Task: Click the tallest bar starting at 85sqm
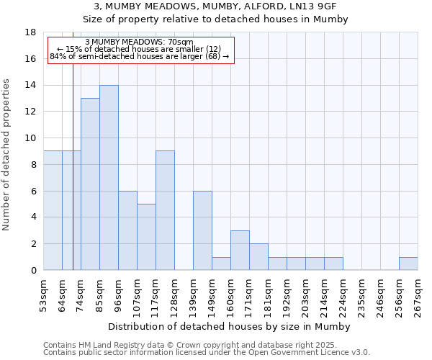click(x=109, y=178)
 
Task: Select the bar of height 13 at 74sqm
click(x=90, y=184)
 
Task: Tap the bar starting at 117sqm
click(x=165, y=210)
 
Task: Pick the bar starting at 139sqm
click(x=202, y=230)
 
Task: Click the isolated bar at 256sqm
click(x=408, y=264)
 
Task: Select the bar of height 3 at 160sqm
click(x=240, y=251)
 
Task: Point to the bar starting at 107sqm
click(x=146, y=237)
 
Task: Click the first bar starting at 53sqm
click(x=53, y=210)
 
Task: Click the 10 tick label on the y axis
click(x=31, y=138)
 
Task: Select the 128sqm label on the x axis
click(x=174, y=296)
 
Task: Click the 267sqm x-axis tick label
click(x=418, y=296)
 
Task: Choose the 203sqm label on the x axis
click(x=305, y=296)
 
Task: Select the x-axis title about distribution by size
click(x=230, y=326)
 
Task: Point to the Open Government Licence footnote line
click(x=207, y=353)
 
